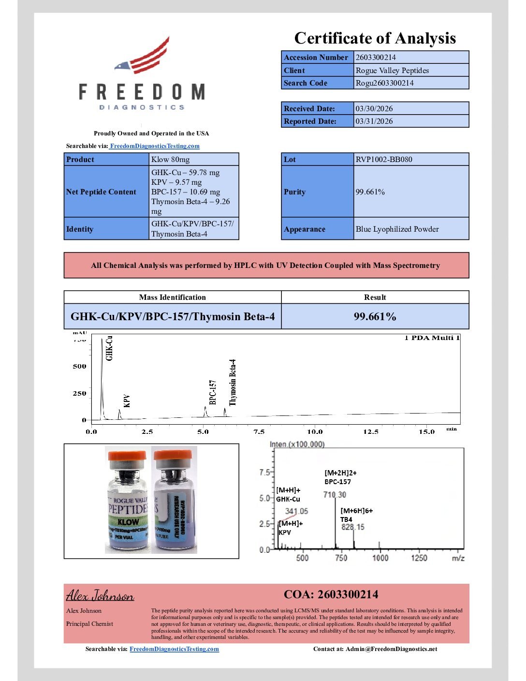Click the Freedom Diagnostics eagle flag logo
143,56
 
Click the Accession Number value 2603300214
376,58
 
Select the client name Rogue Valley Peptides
392,71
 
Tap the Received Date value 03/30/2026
374,109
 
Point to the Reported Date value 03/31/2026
374,121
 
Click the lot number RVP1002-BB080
384,160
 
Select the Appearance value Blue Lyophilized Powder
397,229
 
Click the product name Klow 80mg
170,160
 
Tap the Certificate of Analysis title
375,38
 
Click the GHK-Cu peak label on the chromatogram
109,348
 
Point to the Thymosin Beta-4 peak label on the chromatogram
233,382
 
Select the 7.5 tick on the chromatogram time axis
259,431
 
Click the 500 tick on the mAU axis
80,366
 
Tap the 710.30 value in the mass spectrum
335,495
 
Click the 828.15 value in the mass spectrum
353,527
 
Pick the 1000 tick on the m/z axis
380,558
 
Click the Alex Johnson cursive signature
100,595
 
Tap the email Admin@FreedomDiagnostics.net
391,649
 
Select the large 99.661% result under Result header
375,317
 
